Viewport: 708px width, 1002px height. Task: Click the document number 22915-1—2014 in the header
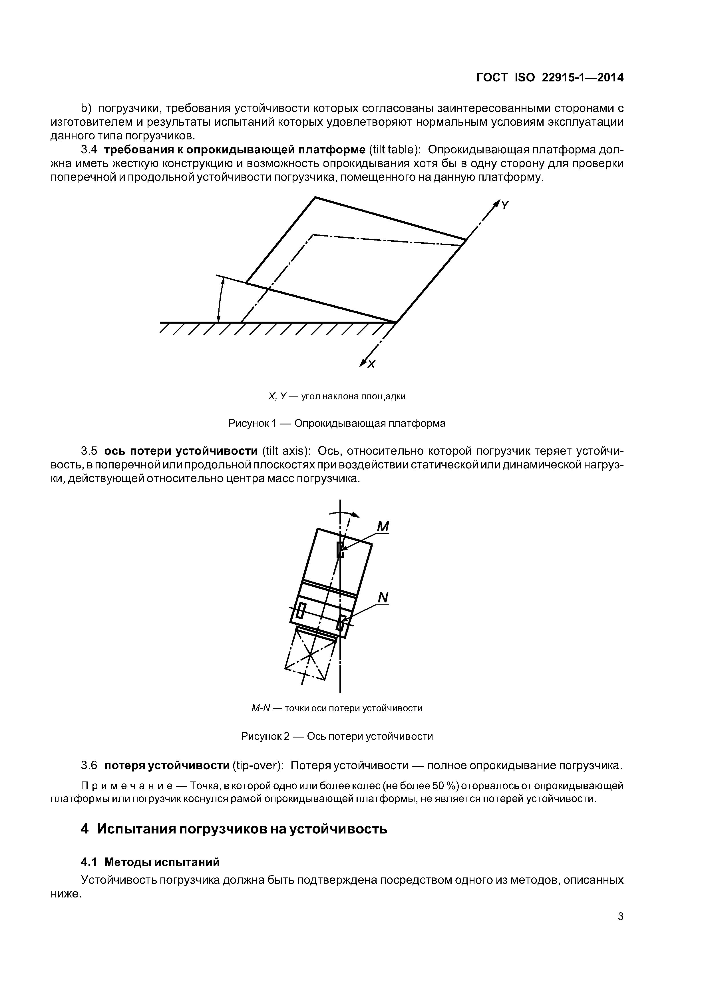pyautogui.click(x=582, y=78)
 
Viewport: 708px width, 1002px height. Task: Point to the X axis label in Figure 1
pyautogui.click(x=371, y=364)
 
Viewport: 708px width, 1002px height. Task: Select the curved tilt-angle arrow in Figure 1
pyautogui.click(x=220, y=300)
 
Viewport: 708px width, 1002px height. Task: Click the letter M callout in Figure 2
pyautogui.click(x=383, y=527)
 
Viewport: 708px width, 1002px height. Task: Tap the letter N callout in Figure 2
pyautogui.click(x=383, y=598)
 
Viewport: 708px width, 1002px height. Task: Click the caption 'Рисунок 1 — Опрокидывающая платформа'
pyautogui.click(x=337, y=423)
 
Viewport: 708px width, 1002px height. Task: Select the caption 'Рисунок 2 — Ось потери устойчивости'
pyautogui.click(x=337, y=736)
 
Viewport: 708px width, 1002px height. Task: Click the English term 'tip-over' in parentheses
pyautogui.click(x=258, y=765)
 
